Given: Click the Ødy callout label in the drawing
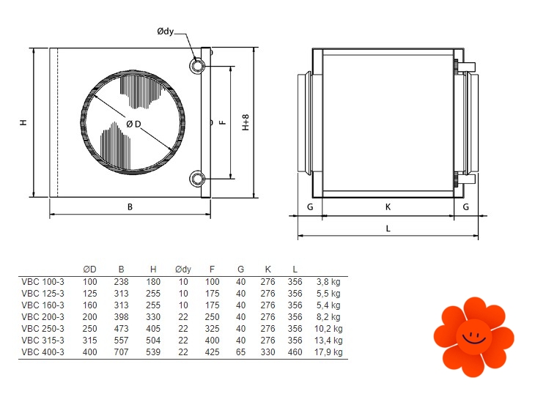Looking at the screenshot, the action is [x=166, y=31].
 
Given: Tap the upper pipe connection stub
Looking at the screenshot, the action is [x=197, y=65].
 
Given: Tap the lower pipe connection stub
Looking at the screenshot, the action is [x=197, y=178].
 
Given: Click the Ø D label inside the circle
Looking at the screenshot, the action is [x=133, y=124].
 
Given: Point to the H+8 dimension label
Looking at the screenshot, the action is [x=246, y=122].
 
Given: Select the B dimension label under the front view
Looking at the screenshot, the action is [x=130, y=207].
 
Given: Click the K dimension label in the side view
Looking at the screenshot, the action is [x=388, y=207].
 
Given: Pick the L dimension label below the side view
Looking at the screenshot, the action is [x=388, y=228].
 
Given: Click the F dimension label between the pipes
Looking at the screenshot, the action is [x=222, y=122].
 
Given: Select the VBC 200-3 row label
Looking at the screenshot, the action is [x=43, y=317].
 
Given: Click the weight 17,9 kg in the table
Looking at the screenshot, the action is [x=328, y=352].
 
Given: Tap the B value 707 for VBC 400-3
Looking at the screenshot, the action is [x=121, y=352].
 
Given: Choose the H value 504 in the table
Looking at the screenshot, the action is [x=153, y=341].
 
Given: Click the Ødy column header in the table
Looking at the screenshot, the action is [x=183, y=270].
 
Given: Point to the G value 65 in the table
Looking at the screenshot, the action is [x=240, y=352].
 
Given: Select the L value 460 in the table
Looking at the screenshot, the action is [x=295, y=352].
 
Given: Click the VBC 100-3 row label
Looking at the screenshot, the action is [x=43, y=282].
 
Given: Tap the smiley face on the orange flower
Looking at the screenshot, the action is [x=474, y=337].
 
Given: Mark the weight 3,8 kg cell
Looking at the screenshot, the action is [x=328, y=282].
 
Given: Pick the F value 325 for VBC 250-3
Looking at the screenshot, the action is [x=212, y=329].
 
